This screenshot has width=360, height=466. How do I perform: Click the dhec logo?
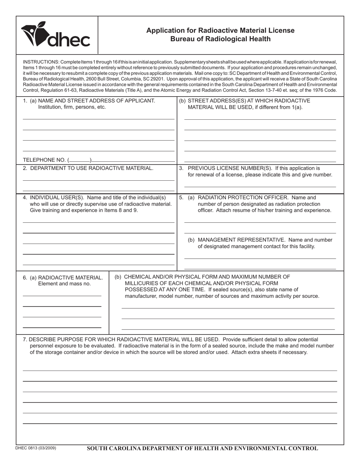56,35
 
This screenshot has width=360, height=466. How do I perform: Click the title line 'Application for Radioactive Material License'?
220,31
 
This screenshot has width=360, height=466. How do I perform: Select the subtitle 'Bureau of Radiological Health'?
220,39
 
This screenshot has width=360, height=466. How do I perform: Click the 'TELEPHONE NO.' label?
44,160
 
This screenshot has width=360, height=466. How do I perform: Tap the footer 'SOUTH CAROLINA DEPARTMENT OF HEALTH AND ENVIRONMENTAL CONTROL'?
202,449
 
